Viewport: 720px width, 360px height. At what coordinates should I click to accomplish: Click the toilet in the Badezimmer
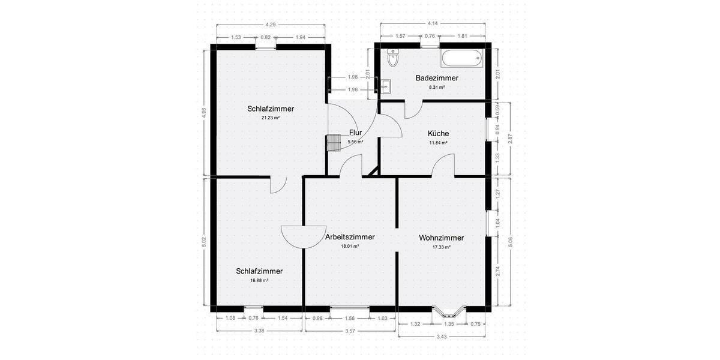[393, 58]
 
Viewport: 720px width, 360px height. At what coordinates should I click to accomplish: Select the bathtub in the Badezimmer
[461, 59]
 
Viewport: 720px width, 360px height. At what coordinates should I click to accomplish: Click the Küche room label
[438, 134]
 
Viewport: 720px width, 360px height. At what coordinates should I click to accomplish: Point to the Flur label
[356, 133]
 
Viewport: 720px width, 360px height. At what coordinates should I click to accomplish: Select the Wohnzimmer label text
[441, 238]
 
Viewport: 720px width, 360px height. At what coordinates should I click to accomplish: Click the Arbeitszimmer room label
[350, 237]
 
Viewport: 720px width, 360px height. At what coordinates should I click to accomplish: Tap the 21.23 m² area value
[270, 118]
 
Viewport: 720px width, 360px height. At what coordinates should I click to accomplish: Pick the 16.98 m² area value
[259, 280]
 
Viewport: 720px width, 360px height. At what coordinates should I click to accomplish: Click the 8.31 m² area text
[437, 87]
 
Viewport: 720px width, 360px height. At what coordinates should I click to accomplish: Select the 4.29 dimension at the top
[271, 25]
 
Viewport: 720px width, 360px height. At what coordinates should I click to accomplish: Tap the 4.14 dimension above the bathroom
[432, 23]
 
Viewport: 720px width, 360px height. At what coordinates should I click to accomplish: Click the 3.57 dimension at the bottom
[351, 331]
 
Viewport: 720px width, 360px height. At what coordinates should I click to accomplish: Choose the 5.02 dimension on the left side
[204, 242]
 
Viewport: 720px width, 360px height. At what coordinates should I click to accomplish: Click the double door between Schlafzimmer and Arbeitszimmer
[303, 236]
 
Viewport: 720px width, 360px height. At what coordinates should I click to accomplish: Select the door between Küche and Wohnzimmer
[443, 166]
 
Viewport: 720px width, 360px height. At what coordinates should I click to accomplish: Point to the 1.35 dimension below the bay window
[449, 324]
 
